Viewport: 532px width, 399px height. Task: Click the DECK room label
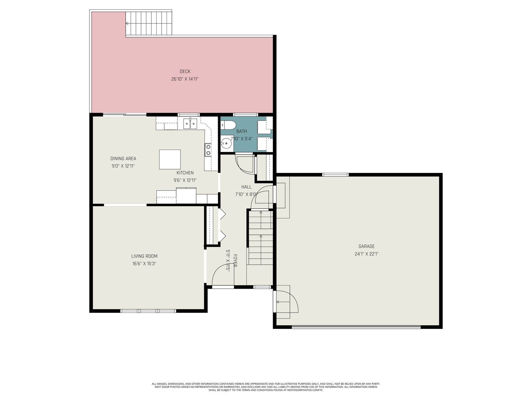coord(185,71)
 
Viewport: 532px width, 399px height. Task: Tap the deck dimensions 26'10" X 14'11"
coord(185,79)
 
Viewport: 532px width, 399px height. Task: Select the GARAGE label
coord(366,246)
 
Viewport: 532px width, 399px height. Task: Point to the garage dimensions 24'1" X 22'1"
coord(366,254)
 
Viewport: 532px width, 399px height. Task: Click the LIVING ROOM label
coord(144,256)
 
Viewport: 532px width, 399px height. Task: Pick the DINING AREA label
coord(123,159)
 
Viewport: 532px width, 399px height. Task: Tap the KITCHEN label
coord(185,173)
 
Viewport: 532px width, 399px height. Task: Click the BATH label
coord(241,131)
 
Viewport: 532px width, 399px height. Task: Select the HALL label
coord(246,187)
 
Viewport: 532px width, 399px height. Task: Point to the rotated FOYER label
coord(235,261)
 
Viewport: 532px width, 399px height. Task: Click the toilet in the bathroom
coord(228,125)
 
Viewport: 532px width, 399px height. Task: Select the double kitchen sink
coord(190,124)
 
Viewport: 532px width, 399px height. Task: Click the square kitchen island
coord(170,159)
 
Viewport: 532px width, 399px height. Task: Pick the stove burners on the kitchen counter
coord(208,150)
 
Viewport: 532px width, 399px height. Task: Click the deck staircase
coord(149,24)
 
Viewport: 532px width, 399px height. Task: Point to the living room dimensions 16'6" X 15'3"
coord(144,264)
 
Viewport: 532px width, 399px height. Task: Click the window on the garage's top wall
coord(335,175)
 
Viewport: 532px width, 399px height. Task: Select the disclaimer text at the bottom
coord(266,387)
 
